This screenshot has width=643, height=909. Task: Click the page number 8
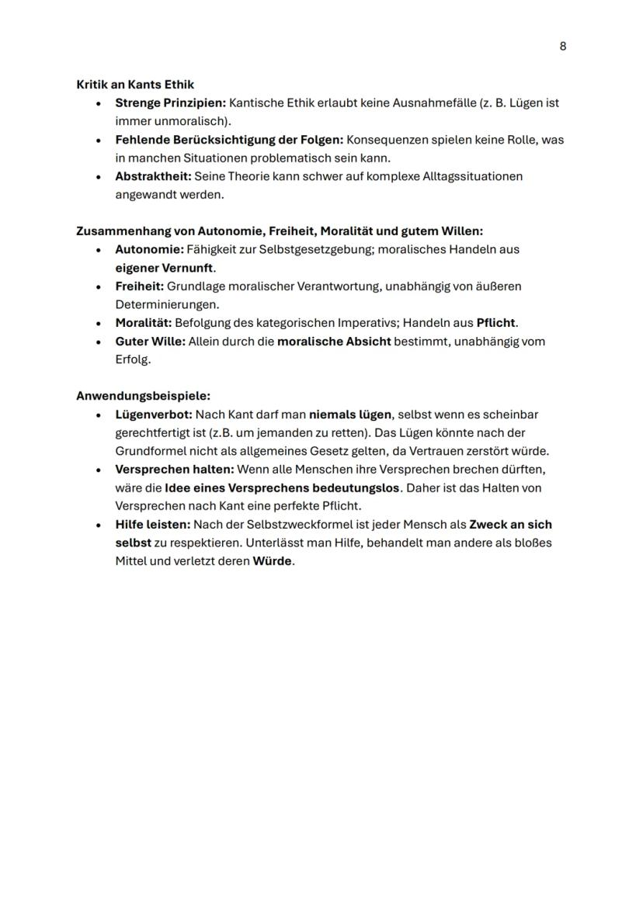click(562, 46)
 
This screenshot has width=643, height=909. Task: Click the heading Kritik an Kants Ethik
click(134, 84)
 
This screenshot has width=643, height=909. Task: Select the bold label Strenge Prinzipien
click(170, 102)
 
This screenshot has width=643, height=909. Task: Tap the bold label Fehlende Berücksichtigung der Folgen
click(229, 140)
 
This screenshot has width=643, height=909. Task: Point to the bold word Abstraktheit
click(152, 176)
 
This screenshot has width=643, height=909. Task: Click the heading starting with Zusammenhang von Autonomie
click(279, 231)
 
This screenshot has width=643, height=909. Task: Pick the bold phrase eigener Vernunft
click(164, 268)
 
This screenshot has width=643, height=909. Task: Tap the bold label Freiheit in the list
click(139, 286)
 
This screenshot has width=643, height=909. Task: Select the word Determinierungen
click(167, 304)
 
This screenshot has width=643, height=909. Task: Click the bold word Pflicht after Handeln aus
click(495, 322)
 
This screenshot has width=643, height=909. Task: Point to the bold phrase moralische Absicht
click(334, 341)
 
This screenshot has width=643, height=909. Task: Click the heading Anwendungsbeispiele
click(143, 395)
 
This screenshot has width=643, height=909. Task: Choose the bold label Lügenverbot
click(153, 415)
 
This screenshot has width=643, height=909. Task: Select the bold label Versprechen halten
click(174, 469)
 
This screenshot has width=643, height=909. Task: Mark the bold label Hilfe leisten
click(152, 524)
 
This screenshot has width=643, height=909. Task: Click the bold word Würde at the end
click(272, 560)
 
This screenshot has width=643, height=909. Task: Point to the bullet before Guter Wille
click(99, 342)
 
